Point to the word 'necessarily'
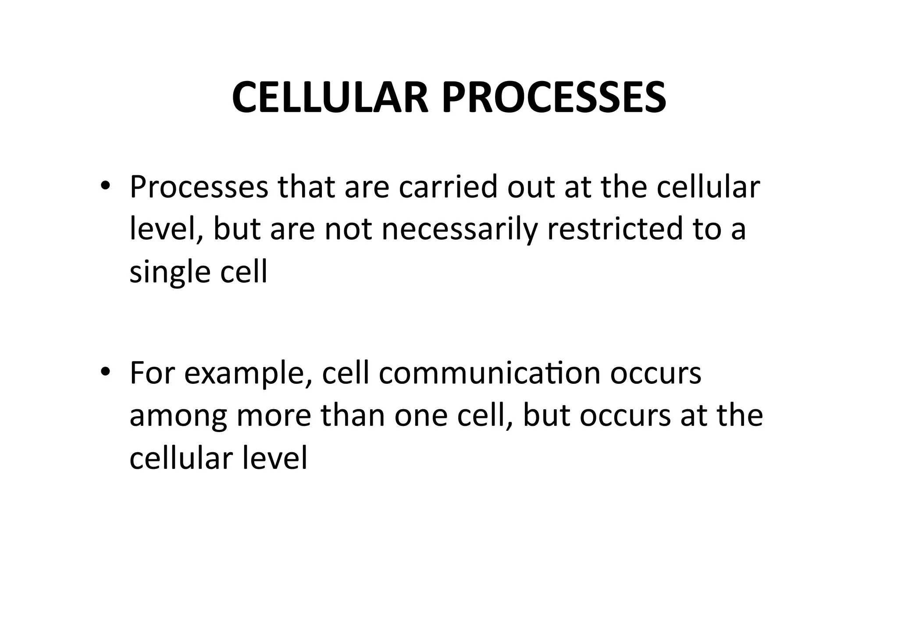[x=459, y=230]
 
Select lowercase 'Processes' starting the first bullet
[x=199, y=187]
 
